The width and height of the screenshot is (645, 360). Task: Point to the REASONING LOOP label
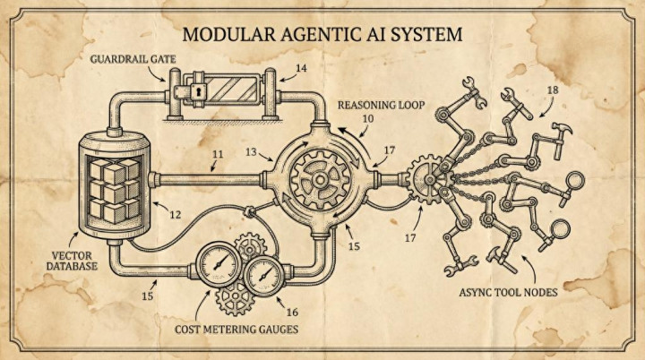(x=380, y=105)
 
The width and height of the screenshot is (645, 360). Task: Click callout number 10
(x=367, y=118)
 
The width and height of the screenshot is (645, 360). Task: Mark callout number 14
(x=301, y=67)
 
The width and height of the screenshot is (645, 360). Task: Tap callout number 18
(x=553, y=90)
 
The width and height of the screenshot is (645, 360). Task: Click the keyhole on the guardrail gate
(x=194, y=91)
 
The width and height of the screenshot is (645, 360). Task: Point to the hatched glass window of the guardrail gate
(x=233, y=91)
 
